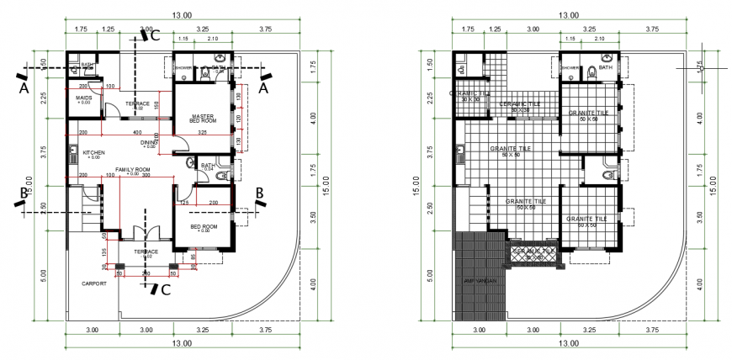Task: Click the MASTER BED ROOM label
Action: [x=201, y=119]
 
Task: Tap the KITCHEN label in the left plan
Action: [x=93, y=154]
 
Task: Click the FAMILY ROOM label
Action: [x=132, y=170]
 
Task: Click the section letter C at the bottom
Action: [x=166, y=291]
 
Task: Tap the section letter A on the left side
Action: [x=23, y=87]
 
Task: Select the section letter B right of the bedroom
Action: [x=260, y=193]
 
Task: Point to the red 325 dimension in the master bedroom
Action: [x=202, y=133]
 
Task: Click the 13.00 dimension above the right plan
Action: [x=570, y=16]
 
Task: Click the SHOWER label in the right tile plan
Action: [x=570, y=67]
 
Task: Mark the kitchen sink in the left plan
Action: [x=72, y=154]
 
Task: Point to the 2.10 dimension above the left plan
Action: [x=212, y=39]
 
